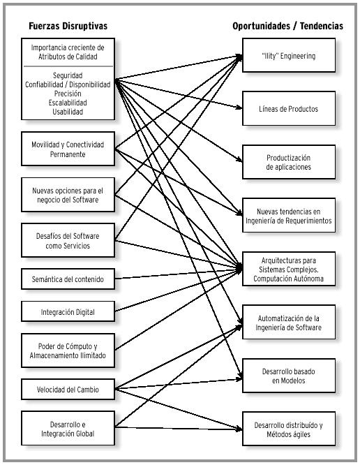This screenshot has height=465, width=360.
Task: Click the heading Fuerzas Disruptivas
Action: point(68,26)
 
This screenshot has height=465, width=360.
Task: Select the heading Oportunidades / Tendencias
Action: point(287,26)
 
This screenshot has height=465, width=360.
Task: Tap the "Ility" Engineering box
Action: point(289,55)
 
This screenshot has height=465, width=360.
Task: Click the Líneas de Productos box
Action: point(289,108)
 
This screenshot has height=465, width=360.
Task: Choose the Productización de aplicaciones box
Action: point(289,162)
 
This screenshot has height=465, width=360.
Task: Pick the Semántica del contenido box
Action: point(68,279)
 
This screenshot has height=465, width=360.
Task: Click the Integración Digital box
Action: point(68,311)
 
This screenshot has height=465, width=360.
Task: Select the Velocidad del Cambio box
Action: point(68,389)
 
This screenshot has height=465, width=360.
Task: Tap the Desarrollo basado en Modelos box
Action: point(289,376)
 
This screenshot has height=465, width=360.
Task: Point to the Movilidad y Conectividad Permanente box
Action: point(68,149)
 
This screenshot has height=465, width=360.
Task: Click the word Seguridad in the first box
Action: point(68,75)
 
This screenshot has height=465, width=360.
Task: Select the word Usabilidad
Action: point(68,112)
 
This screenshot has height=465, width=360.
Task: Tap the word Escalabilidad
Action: point(68,103)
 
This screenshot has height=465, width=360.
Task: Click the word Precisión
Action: point(68,94)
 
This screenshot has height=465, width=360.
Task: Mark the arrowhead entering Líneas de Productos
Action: point(239,108)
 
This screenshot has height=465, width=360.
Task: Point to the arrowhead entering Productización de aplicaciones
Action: point(239,160)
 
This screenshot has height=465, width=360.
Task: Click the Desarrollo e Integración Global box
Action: point(68,428)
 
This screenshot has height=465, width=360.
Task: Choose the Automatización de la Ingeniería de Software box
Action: point(289,322)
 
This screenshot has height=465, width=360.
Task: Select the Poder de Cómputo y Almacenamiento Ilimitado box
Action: point(68,350)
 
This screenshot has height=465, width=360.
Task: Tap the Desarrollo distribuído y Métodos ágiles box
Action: point(289,429)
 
